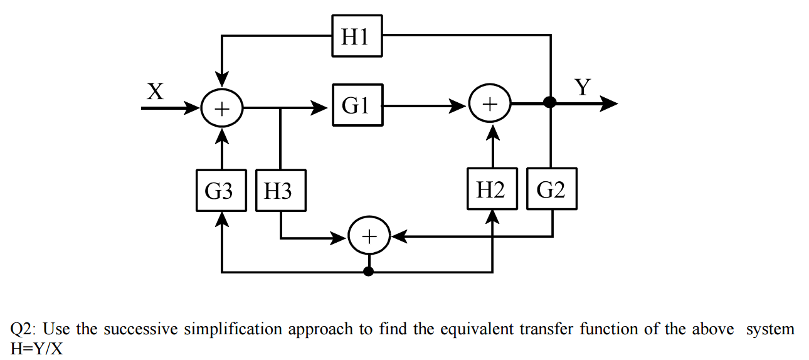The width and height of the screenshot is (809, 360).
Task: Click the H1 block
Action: [357, 36]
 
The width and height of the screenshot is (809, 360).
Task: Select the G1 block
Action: [357, 106]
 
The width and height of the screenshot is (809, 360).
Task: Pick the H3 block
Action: [280, 190]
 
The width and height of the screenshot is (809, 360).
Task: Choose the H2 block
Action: [492, 189]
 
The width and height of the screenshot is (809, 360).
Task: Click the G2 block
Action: [551, 189]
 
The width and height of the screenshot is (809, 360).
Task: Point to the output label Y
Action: [583, 87]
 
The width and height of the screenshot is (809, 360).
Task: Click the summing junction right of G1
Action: [491, 103]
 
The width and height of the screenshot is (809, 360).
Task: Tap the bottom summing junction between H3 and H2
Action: [369, 237]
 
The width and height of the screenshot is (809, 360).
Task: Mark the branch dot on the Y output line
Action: [550, 103]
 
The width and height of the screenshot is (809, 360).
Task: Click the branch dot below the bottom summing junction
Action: [369, 272]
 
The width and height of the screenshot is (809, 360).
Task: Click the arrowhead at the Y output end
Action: [610, 103]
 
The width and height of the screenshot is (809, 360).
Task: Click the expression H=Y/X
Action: [36, 347]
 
